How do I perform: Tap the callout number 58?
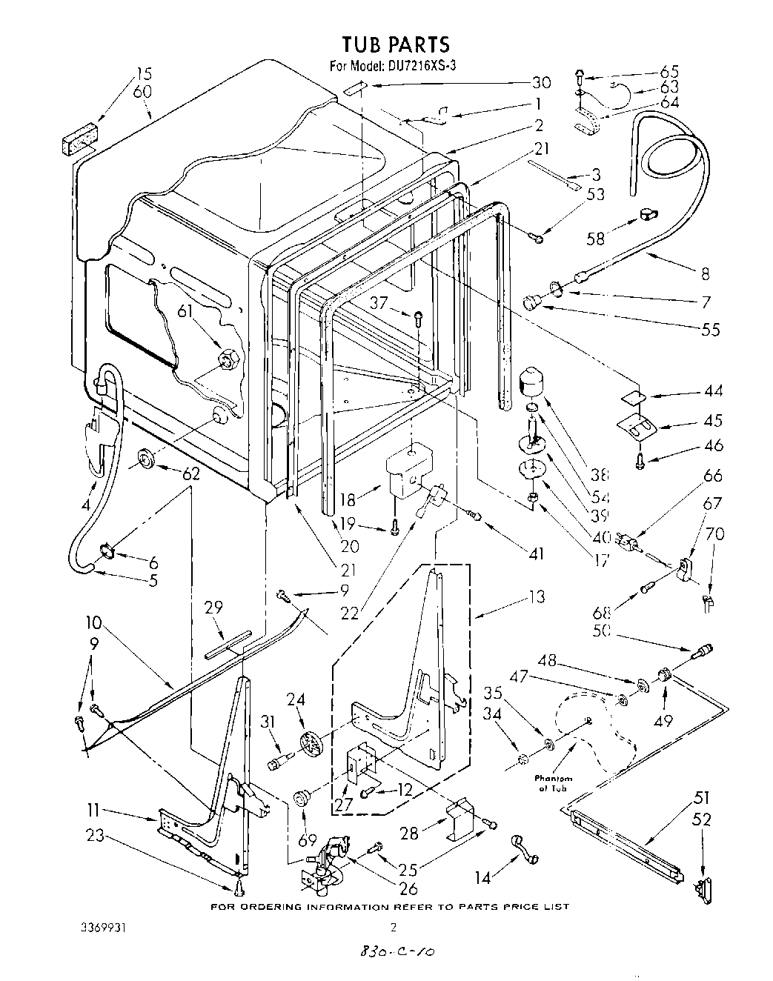595,238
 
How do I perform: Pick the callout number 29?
213,607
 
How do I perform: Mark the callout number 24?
296,698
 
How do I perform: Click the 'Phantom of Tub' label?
554,783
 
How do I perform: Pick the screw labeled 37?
419,319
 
